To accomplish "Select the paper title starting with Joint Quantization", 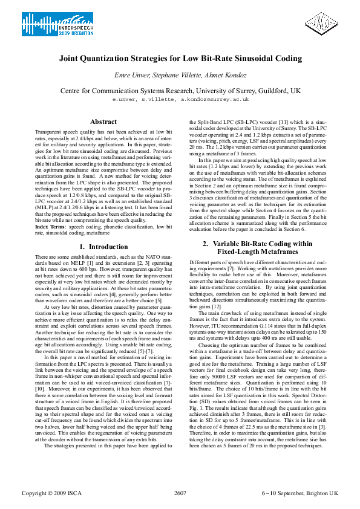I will (180, 59).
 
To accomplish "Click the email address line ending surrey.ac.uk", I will (180, 99).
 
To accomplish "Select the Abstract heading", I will (103, 122).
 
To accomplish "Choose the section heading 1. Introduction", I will (103, 247).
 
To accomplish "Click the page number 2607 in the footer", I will (180, 493).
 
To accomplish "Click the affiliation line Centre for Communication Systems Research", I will (180, 90).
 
